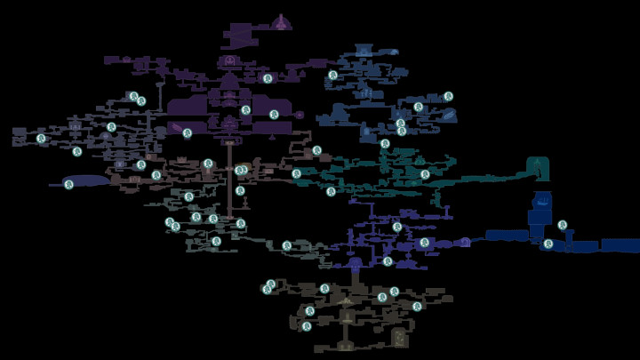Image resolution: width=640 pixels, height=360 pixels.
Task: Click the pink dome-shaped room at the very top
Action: pyautogui.click(x=282, y=22)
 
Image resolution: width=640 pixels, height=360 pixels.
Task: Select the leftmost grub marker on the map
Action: pyautogui.click(x=41, y=138)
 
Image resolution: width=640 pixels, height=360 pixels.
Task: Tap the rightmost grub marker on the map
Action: pyautogui.click(x=563, y=225)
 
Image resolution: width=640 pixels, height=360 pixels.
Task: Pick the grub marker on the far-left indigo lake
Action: pyautogui.click(x=69, y=184)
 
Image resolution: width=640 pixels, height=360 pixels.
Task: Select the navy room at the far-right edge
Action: pyautogui.click(x=620, y=244)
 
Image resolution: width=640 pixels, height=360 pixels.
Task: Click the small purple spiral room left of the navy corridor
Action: pyautogui.click(x=465, y=241)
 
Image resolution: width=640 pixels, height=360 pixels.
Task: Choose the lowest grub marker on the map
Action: pyautogui.click(x=307, y=326)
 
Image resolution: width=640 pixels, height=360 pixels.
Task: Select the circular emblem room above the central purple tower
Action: pyautogui.click(x=230, y=60)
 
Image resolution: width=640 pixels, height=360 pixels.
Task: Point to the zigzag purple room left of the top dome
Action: pyautogui.click(x=240, y=36)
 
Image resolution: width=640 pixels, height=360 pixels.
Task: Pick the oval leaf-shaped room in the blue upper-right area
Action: pyautogui.click(x=450, y=114)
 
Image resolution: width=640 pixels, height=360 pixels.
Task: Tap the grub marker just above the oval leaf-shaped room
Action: pyautogui.click(x=449, y=96)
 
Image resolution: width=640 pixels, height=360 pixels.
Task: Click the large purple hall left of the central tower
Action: pyautogui.click(x=188, y=107)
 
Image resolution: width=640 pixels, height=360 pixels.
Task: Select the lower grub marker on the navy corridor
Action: pyautogui.click(x=548, y=244)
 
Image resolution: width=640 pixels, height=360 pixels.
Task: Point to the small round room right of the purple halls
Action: pyautogui.click(x=300, y=115)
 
